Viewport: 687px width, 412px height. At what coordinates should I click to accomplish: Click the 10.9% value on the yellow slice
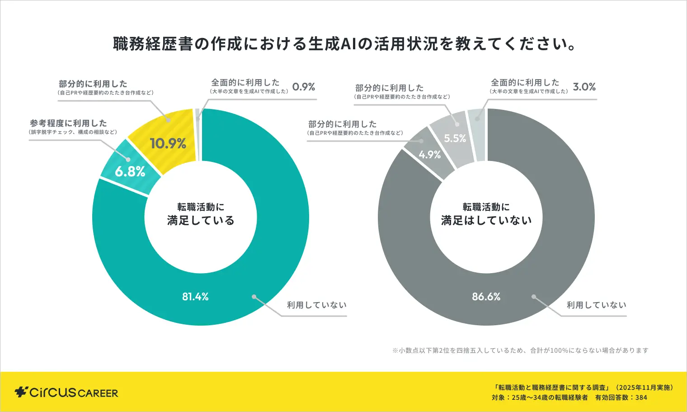(x=168, y=144)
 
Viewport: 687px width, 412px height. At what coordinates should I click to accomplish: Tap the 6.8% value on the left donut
(x=130, y=172)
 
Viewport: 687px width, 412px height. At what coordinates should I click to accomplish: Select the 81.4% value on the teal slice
(x=195, y=297)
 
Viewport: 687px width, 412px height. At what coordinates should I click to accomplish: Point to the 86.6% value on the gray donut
(x=486, y=297)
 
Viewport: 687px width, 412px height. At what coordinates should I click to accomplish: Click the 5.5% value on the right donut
(x=455, y=138)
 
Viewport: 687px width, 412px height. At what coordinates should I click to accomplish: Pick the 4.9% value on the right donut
(x=429, y=155)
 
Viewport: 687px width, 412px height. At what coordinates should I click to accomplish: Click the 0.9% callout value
(x=304, y=87)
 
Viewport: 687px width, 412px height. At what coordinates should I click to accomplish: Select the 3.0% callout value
(x=584, y=87)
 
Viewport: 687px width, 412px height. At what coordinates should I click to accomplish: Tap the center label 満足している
(x=201, y=221)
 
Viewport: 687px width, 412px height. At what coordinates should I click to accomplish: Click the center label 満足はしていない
(x=486, y=221)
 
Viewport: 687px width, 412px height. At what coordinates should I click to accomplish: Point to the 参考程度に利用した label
(x=69, y=123)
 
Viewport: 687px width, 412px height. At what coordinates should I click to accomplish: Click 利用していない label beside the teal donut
(x=317, y=305)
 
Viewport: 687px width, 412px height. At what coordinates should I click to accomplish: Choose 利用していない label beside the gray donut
(x=597, y=305)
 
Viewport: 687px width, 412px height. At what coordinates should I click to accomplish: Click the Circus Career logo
(x=66, y=392)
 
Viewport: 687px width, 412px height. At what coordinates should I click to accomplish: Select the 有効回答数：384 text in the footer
(x=621, y=398)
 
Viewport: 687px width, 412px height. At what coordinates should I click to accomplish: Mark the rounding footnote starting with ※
(x=520, y=350)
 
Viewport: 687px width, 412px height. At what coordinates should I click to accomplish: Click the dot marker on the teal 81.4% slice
(x=254, y=297)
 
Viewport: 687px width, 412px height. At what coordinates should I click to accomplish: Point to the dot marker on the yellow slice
(x=168, y=120)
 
